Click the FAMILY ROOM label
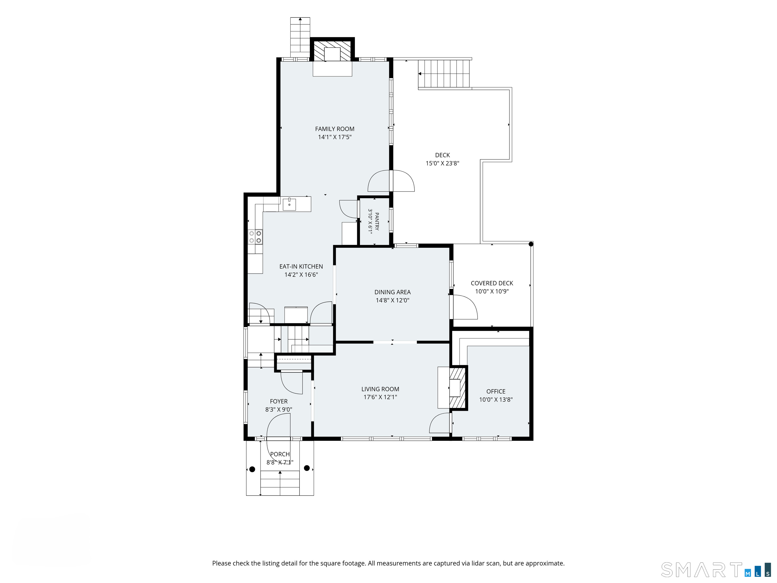pyautogui.click(x=334, y=129)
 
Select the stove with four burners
pyautogui.click(x=255, y=237)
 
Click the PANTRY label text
pyautogui.click(x=377, y=221)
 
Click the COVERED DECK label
pyautogui.click(x=492, y=283)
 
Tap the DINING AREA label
pyautogui.click(x=392, y=292)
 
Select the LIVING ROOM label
pyautogui.click(x=380, y=389)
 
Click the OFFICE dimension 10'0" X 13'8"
pyautogui.click(x=496, y=400)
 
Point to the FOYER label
pyautogui.click(x=278, y=401)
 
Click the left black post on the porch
pyautogui.click(x=252, y=469)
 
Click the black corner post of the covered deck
pyautogui.click(x=531, y=244)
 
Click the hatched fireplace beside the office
pyautogui.click(x=458, y=388)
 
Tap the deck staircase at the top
pyautogui.click(x=444, y=74)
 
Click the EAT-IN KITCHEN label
pyautogui.click(x=301, y=267)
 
